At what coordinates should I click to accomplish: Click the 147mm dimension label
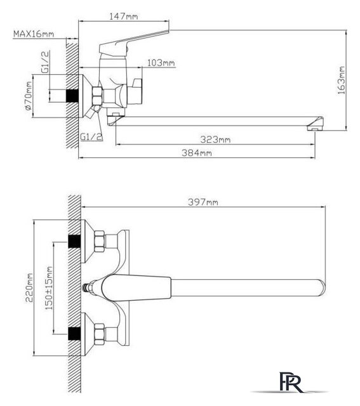(123, 16)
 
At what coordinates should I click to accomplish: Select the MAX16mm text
(34, 34)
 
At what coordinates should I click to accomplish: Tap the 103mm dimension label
(161, 63)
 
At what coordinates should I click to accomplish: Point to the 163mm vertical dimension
(342, 81)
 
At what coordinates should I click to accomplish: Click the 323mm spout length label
(215, 140)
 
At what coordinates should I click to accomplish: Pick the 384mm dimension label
(197, 153)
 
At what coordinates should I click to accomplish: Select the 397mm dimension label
(203, 202)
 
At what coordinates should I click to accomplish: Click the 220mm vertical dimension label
(29, 287)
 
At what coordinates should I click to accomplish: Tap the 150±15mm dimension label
(49, 288)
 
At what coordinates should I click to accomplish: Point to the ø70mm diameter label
(29, 96)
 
